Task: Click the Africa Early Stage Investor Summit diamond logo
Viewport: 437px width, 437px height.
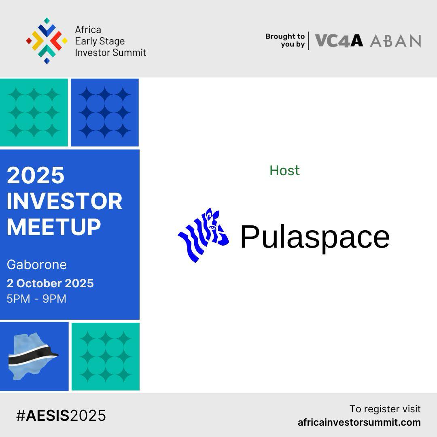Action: [x=47, y=41]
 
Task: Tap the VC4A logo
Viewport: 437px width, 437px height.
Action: [x=339, y=40]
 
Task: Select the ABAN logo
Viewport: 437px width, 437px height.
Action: [x=395, y=41]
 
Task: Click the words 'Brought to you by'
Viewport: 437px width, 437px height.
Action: [x=285, y=40]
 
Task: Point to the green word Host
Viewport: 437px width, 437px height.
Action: [x=284, y=170]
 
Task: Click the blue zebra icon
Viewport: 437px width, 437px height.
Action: [x=204, y=235]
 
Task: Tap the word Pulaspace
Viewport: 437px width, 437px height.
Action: [x=314, y=237]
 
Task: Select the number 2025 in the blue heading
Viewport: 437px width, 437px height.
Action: [x=36, y=175]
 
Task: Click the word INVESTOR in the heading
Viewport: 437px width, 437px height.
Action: [x=64, y=201]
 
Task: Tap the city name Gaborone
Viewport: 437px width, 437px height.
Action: [x=37, y=265]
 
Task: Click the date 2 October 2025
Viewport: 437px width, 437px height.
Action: [x=50, y=283]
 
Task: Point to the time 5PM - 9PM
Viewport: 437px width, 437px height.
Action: [x=36, y=299]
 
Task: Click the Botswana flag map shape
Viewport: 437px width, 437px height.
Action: [x=32, y=356]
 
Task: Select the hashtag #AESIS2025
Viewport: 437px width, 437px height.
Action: [x=61, y=416]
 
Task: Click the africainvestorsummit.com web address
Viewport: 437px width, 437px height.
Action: [x=359, y=422]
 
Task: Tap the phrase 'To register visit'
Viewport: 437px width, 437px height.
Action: [x=385, y=409]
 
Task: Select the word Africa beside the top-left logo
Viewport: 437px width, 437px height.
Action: [x=88, y=30]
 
